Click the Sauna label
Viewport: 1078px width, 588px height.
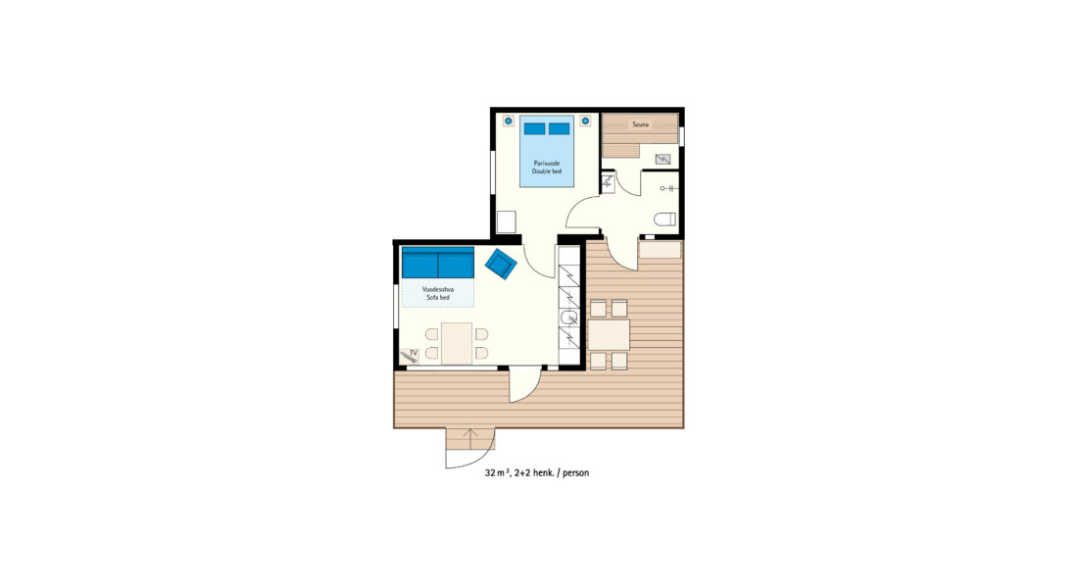(640, 124)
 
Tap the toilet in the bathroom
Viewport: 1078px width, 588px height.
(664, 220)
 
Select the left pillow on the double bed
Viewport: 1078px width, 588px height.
(534, 128)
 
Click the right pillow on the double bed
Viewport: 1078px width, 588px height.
(559, 128)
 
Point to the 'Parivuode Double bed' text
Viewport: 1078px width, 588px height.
(547, 168)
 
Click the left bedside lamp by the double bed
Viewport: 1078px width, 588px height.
(508, 122)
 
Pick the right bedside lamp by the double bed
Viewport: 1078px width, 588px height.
(585, 122)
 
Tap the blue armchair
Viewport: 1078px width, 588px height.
(501, 264)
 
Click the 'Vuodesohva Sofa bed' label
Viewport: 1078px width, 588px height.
(438, 294)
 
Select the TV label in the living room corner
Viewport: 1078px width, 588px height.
(414, 353)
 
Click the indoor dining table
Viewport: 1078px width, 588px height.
(457, 343)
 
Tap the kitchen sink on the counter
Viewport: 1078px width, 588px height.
(569, 318)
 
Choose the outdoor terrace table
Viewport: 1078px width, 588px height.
(610, 335)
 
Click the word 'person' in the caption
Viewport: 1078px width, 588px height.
(575, 473)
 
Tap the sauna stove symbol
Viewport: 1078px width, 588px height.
(662, 160)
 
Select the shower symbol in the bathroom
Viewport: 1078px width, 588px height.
(666, 188)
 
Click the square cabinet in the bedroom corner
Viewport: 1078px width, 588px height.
(507, 222)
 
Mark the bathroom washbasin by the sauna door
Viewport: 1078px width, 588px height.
(608, 183)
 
